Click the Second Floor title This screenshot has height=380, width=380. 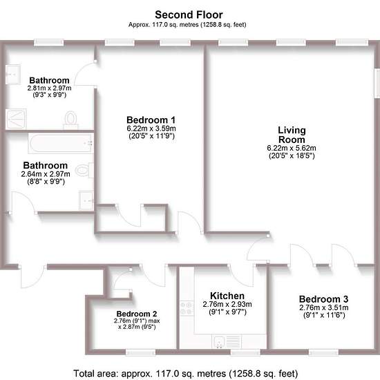[x=189, y=15]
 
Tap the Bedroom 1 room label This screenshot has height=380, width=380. [x=151, y=120]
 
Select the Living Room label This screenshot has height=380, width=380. [x=292, y=135]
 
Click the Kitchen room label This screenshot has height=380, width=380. [x=227, y=296]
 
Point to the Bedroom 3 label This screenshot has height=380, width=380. [x=324, y=299]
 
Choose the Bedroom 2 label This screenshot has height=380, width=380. [x=137, y=314]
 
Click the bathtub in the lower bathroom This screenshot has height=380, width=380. [x=61, y=143]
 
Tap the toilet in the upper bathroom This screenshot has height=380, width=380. [x=70, y=120]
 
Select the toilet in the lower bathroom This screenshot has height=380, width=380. [x=84, y=170]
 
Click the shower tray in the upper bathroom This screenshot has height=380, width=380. [x=16, y=119]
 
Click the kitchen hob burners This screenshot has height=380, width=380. [x=187, y=308]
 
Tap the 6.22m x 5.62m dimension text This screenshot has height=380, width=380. [x=292, y=148]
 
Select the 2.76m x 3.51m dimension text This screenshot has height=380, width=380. [x=324, y=307]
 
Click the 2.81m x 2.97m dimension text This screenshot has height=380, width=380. [x=50, y=88]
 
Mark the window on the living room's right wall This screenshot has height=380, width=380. [x=377, y=83]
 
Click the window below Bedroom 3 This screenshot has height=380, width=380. [x=323, y=352]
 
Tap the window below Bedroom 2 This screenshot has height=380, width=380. [x=140, y=352]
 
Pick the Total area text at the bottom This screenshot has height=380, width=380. [x=185, y=374]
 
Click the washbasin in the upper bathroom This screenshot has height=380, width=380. [x=13, y=75]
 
